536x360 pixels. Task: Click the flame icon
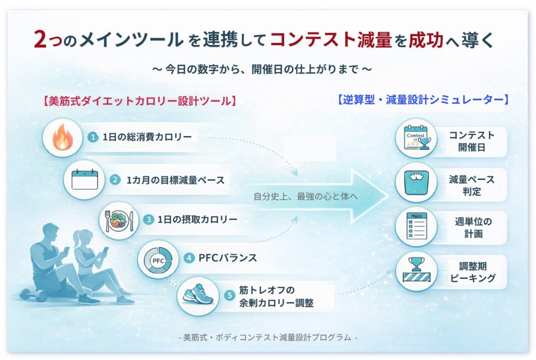click(62, 138)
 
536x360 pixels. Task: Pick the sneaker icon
click(198, 296)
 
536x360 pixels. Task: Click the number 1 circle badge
click(93, 137)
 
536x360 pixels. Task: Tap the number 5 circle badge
click(229, 296)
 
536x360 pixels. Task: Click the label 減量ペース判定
click(472, 185)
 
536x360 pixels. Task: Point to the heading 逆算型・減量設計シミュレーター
click(423, 99)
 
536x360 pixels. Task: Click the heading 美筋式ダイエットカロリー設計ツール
click(138, 100)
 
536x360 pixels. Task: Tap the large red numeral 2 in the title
click(40, 39)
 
